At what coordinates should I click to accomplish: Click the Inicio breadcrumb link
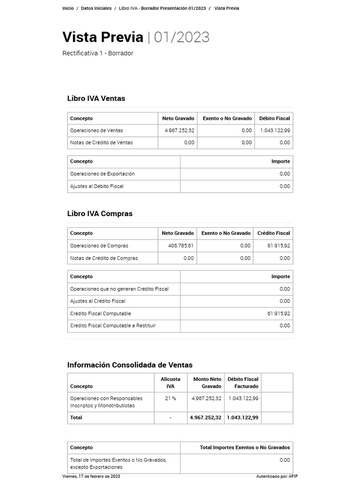[68, 8]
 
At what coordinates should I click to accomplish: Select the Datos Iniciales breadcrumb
[96, 8]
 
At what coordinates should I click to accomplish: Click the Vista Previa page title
[103, 37]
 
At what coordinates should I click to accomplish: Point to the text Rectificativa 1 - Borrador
[97, 53]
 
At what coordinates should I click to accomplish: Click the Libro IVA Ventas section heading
[96, 98]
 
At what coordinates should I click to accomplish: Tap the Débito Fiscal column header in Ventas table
[274, 119]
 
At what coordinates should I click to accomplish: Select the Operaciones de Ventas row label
[97, 130]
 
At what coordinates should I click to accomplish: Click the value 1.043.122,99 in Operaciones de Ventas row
[275, 130]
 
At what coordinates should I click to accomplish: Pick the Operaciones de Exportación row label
[102, 174]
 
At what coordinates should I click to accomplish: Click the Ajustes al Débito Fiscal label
[97, 186]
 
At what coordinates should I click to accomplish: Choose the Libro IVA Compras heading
[100, 214]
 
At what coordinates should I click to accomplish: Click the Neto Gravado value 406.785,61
[180, 246]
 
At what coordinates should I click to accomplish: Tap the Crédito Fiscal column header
[273, 233]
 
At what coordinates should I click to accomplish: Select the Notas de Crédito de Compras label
[104, 258]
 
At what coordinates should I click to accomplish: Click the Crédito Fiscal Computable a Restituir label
[112, 326]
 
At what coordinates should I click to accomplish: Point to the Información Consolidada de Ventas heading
[130, 365]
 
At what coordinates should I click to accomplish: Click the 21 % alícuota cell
[170, 398]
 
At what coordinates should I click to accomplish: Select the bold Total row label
[76, 418]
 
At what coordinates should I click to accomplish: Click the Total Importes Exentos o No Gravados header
[245, 448]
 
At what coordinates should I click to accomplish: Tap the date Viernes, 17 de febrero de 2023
[91, 476]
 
